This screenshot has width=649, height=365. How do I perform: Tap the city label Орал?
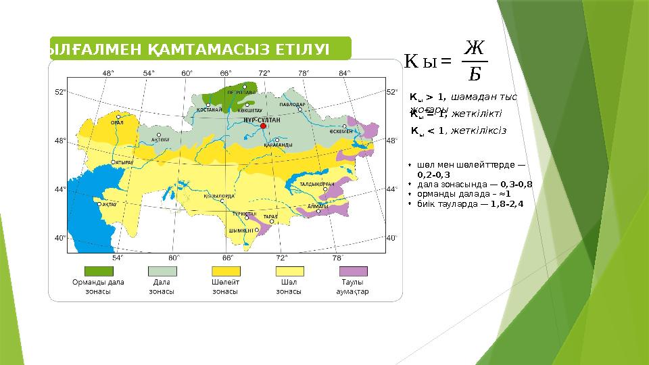pyautogui.click(x=117, y=122)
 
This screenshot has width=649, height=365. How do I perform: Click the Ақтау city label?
pyautogui.click(x=110, y=203)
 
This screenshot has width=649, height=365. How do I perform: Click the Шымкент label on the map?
pyautogui.click(x=241, y=230)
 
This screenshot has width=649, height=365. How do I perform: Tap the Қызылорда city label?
pyautogui.click(x=219, y=196)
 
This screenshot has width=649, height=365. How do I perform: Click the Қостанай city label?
pyautogui.click(x=210, y=109)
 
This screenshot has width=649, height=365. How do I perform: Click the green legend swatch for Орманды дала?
pyautogui.click(x=98, y=271)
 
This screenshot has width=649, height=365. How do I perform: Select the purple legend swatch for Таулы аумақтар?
pyautogui.click(x=353, y=271)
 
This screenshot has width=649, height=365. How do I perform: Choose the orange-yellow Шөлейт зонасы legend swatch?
pyautogui.click(x=225, y=271)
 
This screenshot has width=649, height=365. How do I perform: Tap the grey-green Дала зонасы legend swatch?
pyautogui.click(x=162, y=271)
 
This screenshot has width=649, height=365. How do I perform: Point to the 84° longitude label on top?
pyautogui.click(x=345, y=72)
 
